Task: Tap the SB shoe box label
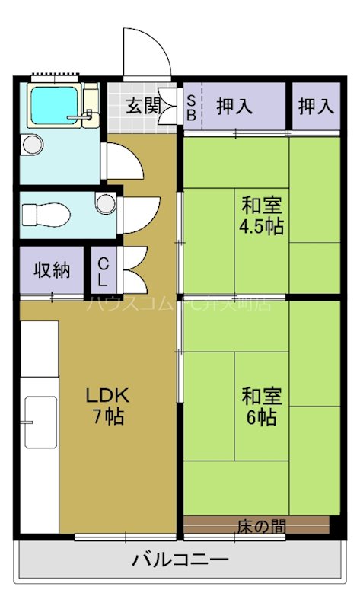(190, 107)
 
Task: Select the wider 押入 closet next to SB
(235, 107)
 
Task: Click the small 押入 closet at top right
(316, 107)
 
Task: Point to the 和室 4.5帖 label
(263, 215)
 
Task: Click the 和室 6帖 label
(262, 407)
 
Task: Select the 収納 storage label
(51, 270)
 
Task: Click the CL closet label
(102, 271)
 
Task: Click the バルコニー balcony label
(180, 561)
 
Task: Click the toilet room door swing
(137, 214)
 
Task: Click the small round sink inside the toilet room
(105, 203)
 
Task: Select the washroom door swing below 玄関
(122, 160)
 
